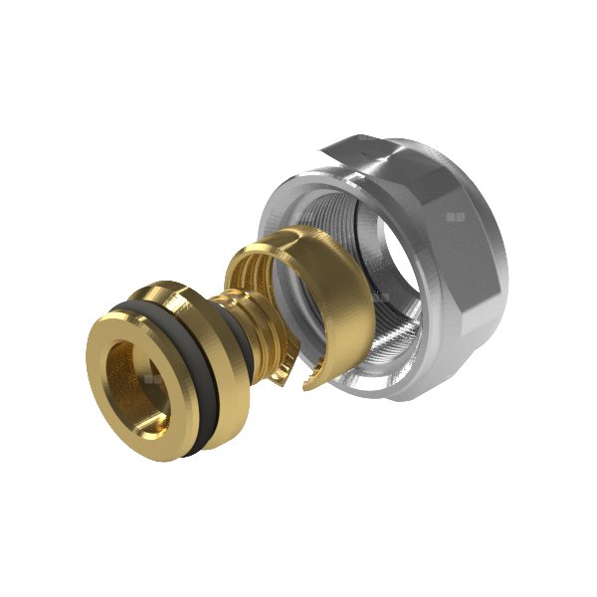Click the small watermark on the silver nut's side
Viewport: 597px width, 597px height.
[x=456, y=216]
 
